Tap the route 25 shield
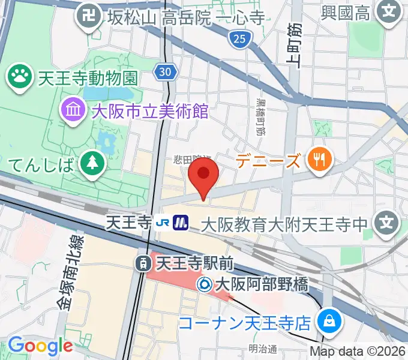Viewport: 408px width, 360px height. (x=238, y=40)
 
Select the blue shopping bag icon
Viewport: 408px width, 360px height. (x=329, y=322)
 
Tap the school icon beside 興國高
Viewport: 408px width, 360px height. (x=390, y=11)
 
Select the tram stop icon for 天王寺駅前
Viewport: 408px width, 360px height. (x=143, y=262)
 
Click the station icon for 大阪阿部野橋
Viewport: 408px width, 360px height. (x=205, y=282)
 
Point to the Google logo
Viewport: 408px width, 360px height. (x=40, y=346)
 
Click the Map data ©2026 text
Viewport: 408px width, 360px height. (x=358, y=352)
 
